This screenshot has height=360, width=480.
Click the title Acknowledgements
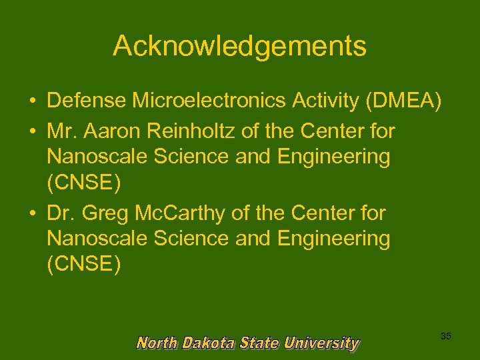[x=239, y=46]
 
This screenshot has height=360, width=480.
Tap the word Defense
[x=87, y=101]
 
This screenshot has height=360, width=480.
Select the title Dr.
[x=59, y=213]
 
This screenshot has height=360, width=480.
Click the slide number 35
[x=446, y=337]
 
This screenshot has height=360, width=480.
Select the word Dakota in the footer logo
[x=208, y=343]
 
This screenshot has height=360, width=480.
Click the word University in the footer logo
[x=321, y=343]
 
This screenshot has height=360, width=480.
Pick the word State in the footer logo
[x=259, y=343]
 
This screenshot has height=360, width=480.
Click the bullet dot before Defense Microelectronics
[x=31, y=101]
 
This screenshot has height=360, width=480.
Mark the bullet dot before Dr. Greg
[x=31, y=214]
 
